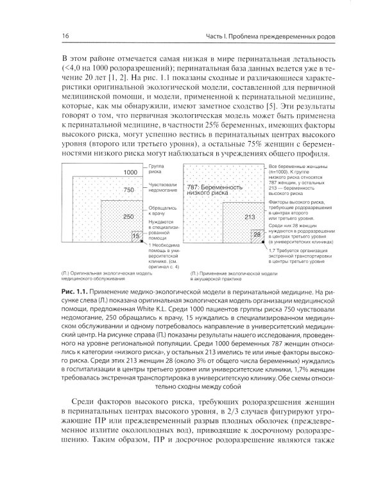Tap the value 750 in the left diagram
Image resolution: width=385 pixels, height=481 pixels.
[x=130, y=190]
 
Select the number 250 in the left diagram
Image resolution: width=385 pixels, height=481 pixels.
[x=128, y=216]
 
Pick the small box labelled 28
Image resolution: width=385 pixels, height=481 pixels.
[x=257, y=235]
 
